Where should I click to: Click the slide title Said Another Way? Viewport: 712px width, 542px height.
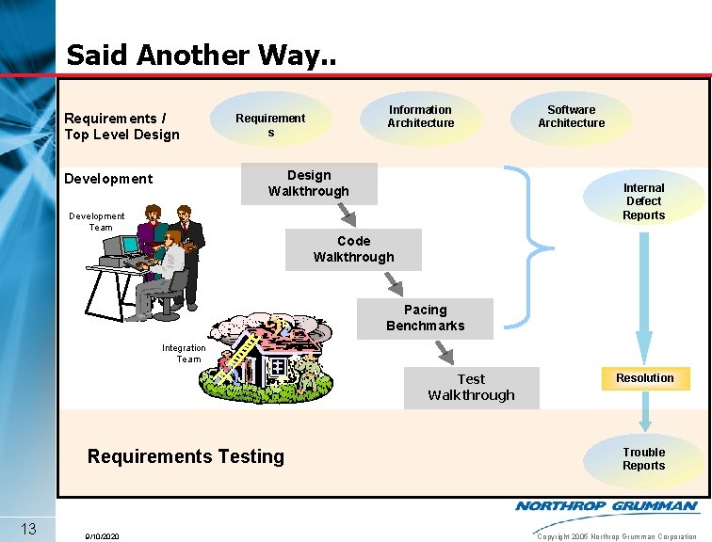click(x=200, y=55)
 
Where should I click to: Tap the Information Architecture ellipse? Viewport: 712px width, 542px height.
click(x=420, y=117)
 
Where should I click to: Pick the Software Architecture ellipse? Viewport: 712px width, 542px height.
click(x=571, y=117)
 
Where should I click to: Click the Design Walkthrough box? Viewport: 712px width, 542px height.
click(x=309, y=183)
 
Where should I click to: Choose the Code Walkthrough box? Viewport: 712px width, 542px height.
click(x=354, y=249)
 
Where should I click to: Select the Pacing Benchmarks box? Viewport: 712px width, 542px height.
click(x=425, y=318)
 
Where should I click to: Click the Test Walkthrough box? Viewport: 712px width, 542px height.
click(x=471, y=387)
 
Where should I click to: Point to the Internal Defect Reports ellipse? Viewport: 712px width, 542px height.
click(x=643, y=201)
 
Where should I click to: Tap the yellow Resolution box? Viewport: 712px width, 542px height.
click(x=645, y=378)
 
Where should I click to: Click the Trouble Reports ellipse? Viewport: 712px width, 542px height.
click(x=643, y=459)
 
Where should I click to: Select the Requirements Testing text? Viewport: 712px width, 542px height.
click(x=186, y=456)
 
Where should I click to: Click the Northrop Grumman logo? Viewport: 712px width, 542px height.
click(x=607, y=506)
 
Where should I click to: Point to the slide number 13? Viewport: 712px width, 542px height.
click(x=27, y=528)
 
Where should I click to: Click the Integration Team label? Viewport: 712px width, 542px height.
click(x=184, y=353)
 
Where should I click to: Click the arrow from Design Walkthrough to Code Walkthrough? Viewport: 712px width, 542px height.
click(x=347, y=216)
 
